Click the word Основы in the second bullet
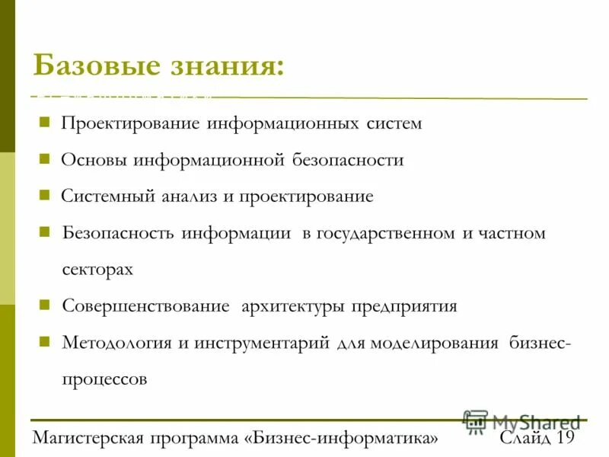click(94, 160)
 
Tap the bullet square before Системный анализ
click(44, 196)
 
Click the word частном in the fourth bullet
click(513, 233)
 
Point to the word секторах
click(97, 270)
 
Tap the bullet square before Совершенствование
click(44, 305)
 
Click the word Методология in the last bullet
click(116, 342)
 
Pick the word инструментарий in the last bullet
click(261, 342)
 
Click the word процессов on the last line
click(104, 379)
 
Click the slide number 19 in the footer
click(564, 438)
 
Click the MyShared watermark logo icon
click(475, 421)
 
